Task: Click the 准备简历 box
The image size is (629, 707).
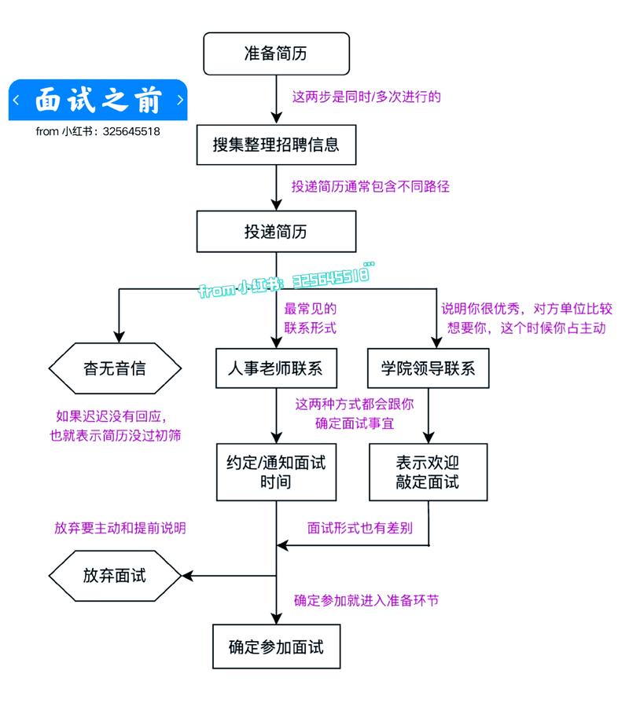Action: (275, 53)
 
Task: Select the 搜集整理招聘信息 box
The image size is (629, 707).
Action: (275, 145)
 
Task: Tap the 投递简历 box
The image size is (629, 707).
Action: (275, 232)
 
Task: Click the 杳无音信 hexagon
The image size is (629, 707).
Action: (115, 368)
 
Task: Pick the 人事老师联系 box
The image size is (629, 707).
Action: (275, 368)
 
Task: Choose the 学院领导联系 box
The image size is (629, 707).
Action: (428, 368)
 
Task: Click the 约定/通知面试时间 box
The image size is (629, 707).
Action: (275, 471)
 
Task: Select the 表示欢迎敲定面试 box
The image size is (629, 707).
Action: (428, 471)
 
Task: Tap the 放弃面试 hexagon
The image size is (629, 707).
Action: (115, 575)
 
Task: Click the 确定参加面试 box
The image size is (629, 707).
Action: (275, 647)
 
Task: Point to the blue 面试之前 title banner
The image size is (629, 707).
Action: (98, 101)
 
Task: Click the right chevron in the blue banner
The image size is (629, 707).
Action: (180, 101)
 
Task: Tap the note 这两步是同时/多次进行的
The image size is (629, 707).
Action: (366, 97)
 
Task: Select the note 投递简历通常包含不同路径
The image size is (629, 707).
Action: (370, 187)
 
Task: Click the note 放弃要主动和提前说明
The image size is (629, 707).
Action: (120, 528)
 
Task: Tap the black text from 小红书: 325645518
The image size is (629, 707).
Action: (97, 131)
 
